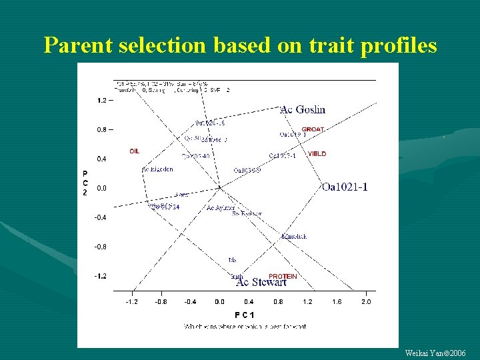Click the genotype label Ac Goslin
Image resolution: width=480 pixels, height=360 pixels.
pyautogui.click(x=303, y=109)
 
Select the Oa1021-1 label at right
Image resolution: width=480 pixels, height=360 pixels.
pyautogui.click(x=344, y=187)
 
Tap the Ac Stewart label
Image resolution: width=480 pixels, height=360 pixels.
pyautogui.click(x=261, y=283)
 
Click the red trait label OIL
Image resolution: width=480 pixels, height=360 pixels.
pyautogui.click(x=135, y=151)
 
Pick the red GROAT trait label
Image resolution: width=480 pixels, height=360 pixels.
pyautogui.click(x=313, y=129)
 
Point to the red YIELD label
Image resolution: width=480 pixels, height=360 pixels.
pyautogui.click(x=317, y=154)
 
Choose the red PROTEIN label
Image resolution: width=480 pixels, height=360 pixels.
pyautogui.click(x=283, y=275)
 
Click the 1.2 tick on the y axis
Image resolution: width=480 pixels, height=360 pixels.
pyautogui.click(x=102, y=101)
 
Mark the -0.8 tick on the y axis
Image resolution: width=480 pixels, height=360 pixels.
pyautogui.click(x=101, y=247)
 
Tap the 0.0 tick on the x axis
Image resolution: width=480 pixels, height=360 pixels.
pyautogui.click(x=219, y=301)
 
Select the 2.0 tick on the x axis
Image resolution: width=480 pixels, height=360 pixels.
pyautogui.click(x=366, y=301)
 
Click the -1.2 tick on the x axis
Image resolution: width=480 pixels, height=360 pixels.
pyautogui.click(x=131, y=301)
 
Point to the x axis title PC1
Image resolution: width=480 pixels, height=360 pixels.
pyautogui.click(x=244, y=314)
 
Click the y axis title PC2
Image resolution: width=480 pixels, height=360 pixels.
pyautogui.click(x=85, y=181)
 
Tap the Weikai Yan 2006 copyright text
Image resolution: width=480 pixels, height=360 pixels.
pyautogui.click(x=435, y=352)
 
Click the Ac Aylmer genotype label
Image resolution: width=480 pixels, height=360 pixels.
pyautogui.click(x=220, y=209)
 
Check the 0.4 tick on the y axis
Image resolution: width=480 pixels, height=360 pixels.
pyautogui.click(x=102, y=159)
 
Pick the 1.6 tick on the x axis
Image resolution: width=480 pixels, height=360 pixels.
pyautogui.click(x=337, y=301)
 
